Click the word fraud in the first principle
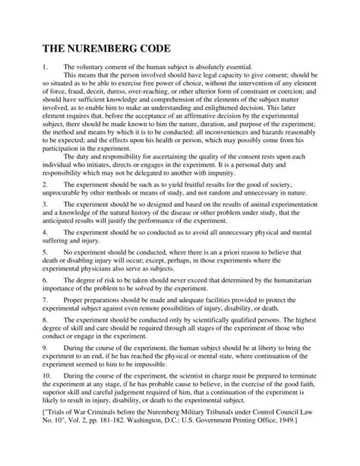point(72,100)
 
